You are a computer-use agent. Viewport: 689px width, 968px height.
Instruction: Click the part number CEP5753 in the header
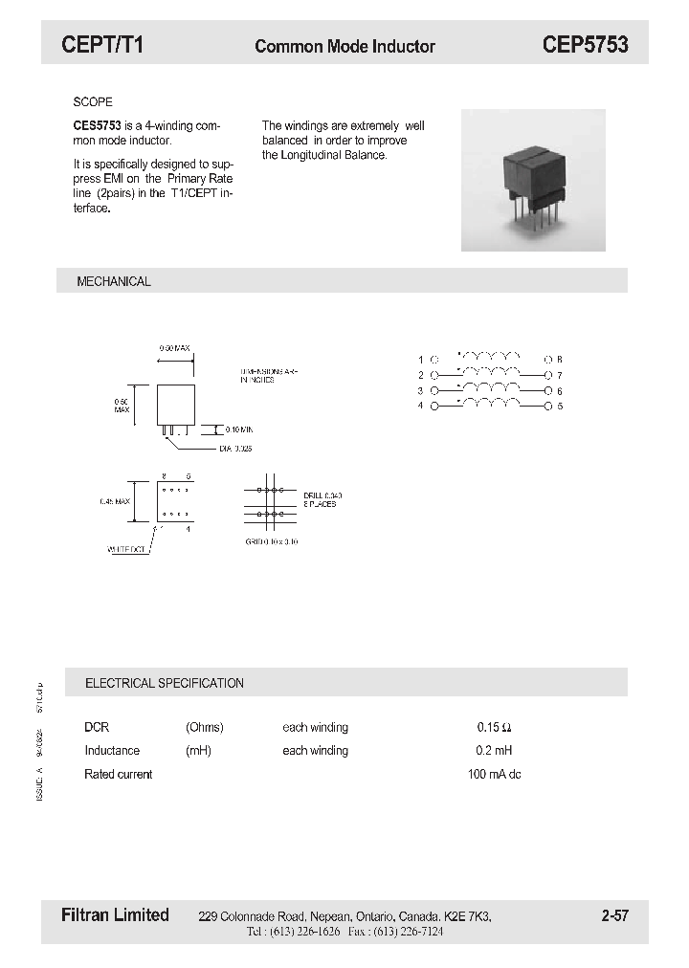click(x=585, y=44)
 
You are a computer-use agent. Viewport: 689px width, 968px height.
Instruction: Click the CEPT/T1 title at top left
click(x=102, y=44)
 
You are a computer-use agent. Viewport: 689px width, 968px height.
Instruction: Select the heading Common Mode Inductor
click(x=344, y=46)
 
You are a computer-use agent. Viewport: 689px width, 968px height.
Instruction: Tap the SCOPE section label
click(x=93, y=101)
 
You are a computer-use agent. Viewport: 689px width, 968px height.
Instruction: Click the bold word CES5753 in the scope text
click(x=97, y=125)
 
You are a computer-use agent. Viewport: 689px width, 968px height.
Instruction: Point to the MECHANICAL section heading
click(x=114, y=281)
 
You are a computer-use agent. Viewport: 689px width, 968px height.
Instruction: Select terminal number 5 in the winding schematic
click(x=560, y=407)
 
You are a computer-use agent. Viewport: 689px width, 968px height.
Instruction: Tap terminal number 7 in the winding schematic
click(x=560, y=375)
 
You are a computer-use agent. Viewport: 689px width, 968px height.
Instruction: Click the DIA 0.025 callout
click(x=234, y=448)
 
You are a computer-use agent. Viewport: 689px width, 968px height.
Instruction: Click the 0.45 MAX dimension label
click(x=114, y=501)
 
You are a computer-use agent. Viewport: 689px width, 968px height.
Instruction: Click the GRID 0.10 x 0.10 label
click(x=273, y=540)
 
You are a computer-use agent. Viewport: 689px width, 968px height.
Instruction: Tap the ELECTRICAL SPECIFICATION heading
click(x=165, y=683)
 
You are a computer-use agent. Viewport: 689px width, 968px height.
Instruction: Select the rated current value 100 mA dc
click(x=494, y=774)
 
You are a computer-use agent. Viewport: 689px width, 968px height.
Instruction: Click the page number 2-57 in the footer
click(x=615, y=915)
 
